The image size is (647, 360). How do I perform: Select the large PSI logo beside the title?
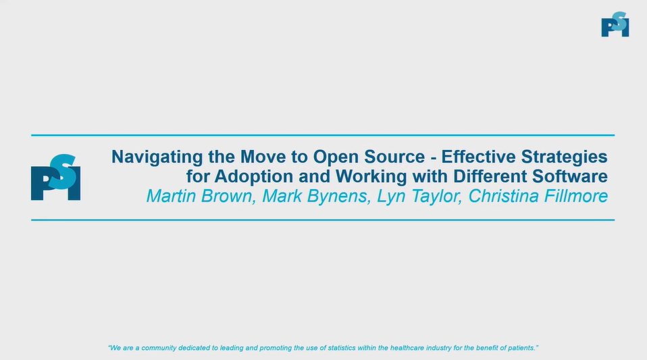click(55, 178)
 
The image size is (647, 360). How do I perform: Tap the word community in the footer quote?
click(164, 348)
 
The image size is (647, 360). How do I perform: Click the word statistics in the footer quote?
click(346, 348)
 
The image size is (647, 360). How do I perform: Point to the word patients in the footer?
click(521, 348)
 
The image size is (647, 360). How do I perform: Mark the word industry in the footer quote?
click(444, 348)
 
